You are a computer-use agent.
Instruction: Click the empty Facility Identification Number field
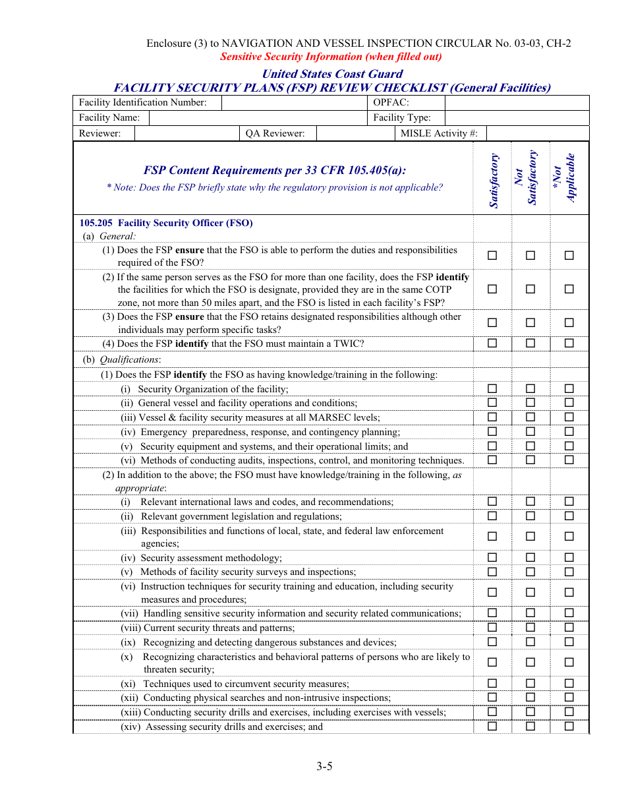click(x=295, y=103)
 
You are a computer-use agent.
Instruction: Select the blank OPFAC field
click(x=517, y=103)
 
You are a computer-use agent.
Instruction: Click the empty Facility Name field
click(x=258, y=118)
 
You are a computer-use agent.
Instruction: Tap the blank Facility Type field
click(x=517, y=118)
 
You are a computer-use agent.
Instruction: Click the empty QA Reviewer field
click(x=355, y=134)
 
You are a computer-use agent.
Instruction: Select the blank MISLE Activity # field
click(x=537, y=134)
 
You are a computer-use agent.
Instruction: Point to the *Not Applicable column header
click(x=569, y=178)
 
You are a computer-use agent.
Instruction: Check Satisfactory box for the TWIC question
click(x=492, y=343)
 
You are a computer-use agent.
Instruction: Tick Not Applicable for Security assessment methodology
click(x=569, y=558)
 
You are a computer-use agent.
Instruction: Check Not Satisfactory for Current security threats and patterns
click(x=530, y=627)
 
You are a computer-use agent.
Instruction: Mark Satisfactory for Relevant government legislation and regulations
click(x=492, y=516)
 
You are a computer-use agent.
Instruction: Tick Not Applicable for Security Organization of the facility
click(x=569, y=388)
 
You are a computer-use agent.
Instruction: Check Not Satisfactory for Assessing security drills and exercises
click(x=530, y=726)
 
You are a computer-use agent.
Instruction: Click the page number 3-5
click(x=324, y=766)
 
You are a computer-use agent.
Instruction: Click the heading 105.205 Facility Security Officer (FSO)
click(x=166, y=223)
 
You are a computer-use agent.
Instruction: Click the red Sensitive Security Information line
click(x=331, y=57)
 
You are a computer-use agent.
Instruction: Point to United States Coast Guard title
click(x=332, y=74)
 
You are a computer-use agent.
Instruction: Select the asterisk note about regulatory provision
click(x=275, y=187)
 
